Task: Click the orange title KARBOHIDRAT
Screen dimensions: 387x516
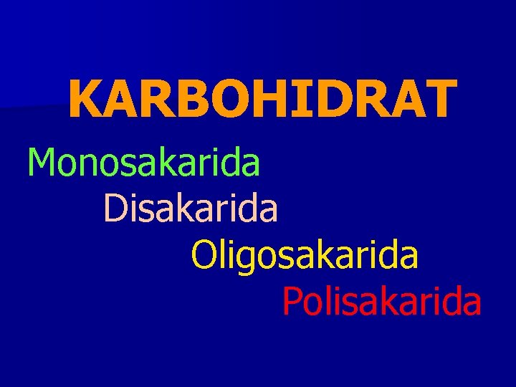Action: pos(262,99)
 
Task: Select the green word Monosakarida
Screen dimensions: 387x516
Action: pos(143,162)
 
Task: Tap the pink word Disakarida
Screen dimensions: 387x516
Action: pos(191,209)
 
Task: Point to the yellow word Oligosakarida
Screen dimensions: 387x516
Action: pos(305,256)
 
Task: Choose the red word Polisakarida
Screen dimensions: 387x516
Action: pos(381,302)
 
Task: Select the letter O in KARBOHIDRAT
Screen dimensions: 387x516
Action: pos(231,99)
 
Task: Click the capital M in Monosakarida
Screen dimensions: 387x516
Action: pos(42,162)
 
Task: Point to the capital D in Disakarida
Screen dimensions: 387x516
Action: pos(115,209)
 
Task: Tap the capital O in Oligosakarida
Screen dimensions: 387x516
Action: pos(204,256)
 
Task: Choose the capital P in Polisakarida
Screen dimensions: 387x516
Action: pos(292,302)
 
